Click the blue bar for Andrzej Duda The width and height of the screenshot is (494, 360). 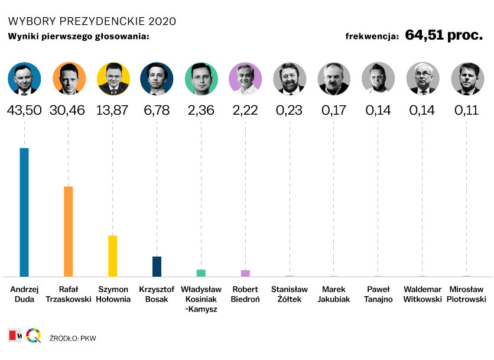[24, 212]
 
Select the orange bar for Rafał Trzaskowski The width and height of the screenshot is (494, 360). [69, 232]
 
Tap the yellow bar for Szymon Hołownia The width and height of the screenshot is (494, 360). [112, 256]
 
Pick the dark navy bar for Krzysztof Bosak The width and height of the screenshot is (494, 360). [157, 267]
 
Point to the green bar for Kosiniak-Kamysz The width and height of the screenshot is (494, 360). [201, 273]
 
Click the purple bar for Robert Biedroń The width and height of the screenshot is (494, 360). [245, 273]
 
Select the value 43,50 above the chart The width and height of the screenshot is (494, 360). [24, 111]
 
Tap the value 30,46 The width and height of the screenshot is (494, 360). [69, 111]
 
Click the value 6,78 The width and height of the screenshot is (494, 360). [157, 111]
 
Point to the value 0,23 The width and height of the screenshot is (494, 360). [290, 111]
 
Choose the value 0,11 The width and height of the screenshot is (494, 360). [467, 111]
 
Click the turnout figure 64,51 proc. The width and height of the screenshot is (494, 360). [444, 35]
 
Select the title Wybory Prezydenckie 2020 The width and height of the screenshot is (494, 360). [92, 21]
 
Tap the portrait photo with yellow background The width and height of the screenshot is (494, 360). [113, 79]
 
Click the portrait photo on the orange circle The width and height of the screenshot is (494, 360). [69, 79]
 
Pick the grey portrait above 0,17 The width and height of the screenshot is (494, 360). [334, 79]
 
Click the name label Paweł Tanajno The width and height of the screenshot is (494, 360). [379, 294]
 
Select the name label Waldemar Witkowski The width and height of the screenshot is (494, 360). [422, 294]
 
